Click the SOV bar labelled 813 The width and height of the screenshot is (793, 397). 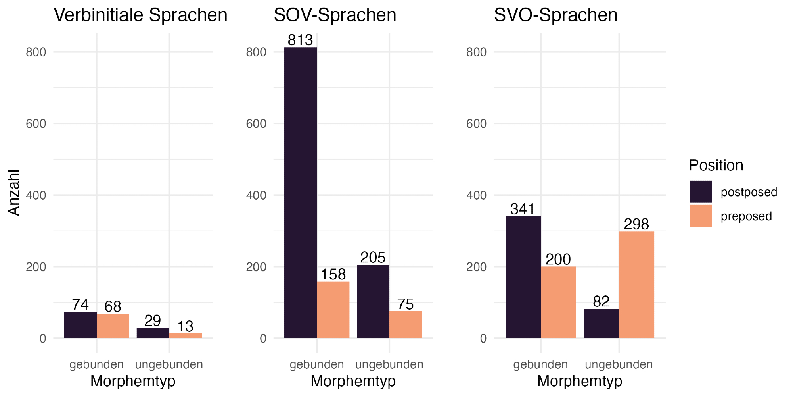pyautogui.click(x=301, y=193)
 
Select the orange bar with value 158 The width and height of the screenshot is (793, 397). pyautogui.click(x=333, y=310)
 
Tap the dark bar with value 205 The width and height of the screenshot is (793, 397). pyautogui.click(x=373, y=302)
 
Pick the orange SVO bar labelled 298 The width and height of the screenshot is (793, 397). pyautogui.click(x=636, y=285)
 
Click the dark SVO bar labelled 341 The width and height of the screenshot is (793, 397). pyautogui.click(x=523, y=277)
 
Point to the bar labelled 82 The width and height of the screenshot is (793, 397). pyautogui.click(x=601, y=324)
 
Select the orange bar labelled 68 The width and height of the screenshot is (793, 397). pyautogui.click(x=113, y=326)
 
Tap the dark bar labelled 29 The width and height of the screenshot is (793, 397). pyautogui.click(x=153, y=333)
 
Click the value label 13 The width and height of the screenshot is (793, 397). pyautogui.click(x=185, y=327)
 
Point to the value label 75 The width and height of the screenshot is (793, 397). pyautogui.click(x=405, y=304)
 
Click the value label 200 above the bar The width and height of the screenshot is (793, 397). pyautogui.click(x=558, y=260)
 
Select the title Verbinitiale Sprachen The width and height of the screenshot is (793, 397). pyautogui.click(x=141, y=15)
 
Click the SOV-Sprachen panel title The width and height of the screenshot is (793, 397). pyautogui.click(x=335, y=15)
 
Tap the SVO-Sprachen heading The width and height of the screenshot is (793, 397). pyautogui.click(x=555, y=15)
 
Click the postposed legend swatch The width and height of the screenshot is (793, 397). pyautogui.click(x=701, y=192)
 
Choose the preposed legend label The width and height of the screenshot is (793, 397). pyautogui.click(x=746, y=216)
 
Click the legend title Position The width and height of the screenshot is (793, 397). pyautogui.click(x=716, y=165)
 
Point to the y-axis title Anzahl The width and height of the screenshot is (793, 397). pyautogui.click(x=14, y=193)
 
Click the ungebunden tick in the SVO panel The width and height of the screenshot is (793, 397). pyautogui.click(x=619, y=364)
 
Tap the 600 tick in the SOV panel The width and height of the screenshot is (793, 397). pyautogui.click(x=256, y=124)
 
